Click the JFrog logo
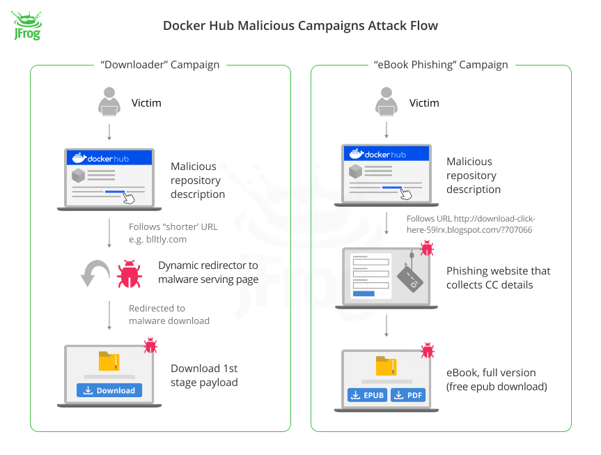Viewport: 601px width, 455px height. [26, 26]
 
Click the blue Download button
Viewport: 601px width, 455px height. [109, 390]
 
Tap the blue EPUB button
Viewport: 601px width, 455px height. [366, 396]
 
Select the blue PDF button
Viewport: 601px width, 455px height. [407, 396]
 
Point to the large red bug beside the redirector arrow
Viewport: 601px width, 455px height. [130, 274]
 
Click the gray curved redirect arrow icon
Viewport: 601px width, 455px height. [95, 274]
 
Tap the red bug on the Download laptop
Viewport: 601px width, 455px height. [150, 345]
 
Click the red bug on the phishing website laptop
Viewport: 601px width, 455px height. [427, 249]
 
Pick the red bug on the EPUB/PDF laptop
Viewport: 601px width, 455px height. [427, 350]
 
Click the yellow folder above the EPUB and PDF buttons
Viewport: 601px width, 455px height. [386, 367]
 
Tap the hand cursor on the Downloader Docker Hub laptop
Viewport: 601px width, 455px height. [128, 197]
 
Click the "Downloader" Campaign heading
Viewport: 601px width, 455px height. [160, 65]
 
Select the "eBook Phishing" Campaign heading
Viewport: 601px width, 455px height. [441, 65]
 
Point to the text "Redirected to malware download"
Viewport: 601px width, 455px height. [169, 314]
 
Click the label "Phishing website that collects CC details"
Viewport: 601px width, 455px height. [498, 277]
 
